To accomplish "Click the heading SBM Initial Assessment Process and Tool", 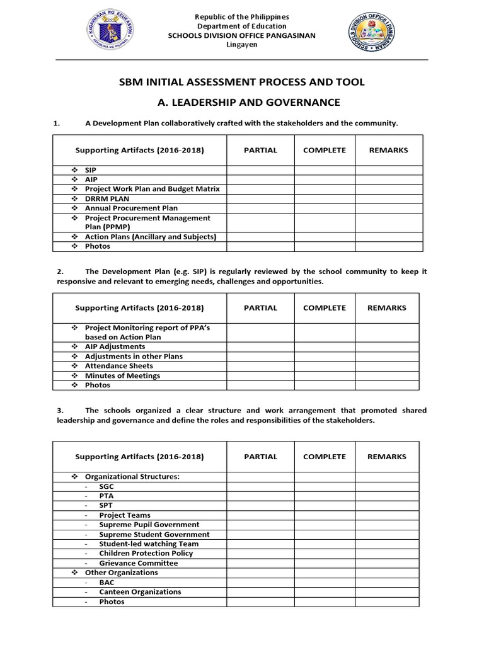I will tap(242, 83).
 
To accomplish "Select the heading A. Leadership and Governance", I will tap(242, 102).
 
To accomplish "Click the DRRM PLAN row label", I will tap(107, 198).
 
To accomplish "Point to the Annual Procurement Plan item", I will tap(131, 208).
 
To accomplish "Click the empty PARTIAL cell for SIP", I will tap(260, 170).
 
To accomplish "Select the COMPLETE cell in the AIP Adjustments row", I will tap(324, 346).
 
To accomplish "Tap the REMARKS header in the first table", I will tap(388, 150).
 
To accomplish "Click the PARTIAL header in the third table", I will tap(260, 457).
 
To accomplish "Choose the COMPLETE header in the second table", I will tap(324, 308).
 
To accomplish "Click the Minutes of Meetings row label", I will tap(122, 375).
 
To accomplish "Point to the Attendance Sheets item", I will tap(118, 366).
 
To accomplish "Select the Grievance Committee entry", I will tap(138, 563).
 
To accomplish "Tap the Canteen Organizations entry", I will tap(140, 592).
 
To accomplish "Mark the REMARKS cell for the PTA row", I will tap(388, 496).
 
